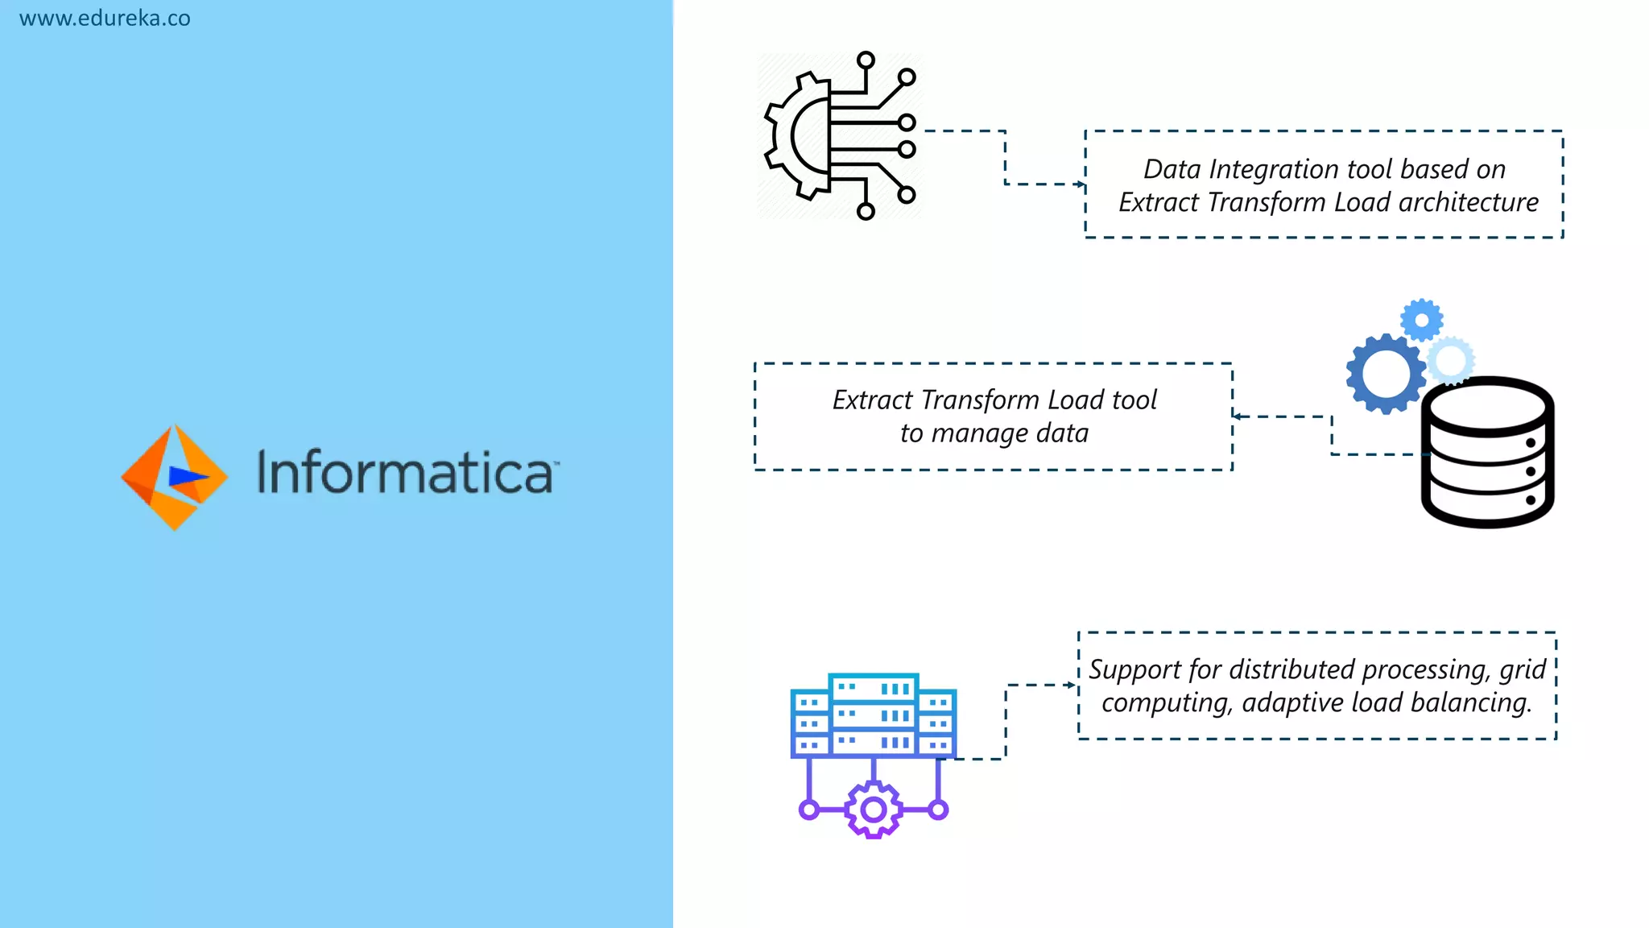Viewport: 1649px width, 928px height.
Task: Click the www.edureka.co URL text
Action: coord(105,18)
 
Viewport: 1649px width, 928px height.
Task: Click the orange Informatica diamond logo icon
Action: coord(174,477)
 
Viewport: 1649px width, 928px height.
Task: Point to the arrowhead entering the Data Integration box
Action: coord(1080,184)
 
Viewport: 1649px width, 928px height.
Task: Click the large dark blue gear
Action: coord(1386,374)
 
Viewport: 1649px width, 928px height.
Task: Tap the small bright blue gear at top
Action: coord(1422,321)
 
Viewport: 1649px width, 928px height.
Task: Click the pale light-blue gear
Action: coord(1451,360)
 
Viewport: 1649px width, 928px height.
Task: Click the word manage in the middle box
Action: coord(979,433)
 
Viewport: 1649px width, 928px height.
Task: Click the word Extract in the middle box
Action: coord(872,400)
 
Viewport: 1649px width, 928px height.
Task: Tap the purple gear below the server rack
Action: coord(874,810)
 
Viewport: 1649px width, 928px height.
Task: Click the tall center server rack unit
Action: coord(874,715)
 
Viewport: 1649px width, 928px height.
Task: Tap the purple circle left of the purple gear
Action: coord(809,810)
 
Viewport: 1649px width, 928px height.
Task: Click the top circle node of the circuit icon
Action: coord(866,60)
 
